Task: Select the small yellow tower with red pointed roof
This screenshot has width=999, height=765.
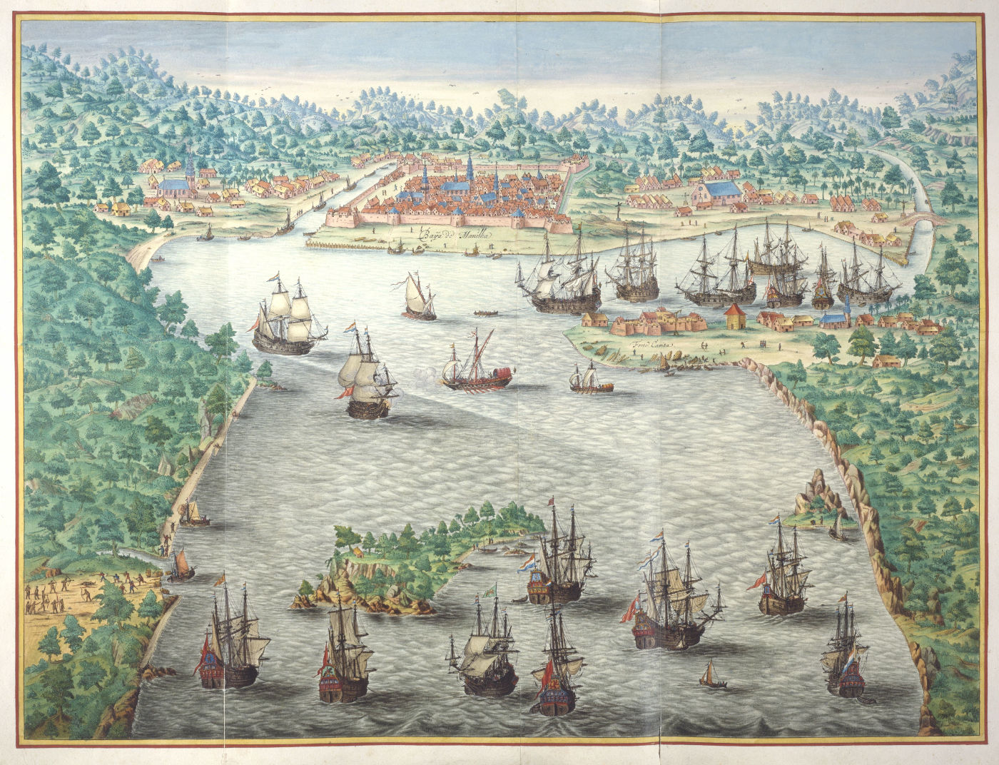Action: click(734, 315)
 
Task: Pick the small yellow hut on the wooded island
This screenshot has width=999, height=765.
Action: click(355, 552)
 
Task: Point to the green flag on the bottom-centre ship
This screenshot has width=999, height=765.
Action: click(490, 590)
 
